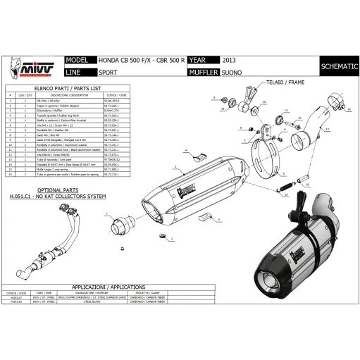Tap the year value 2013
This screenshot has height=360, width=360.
230,61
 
